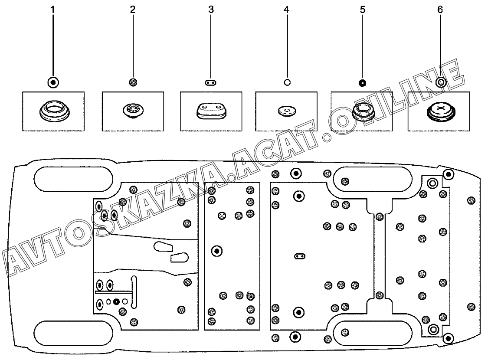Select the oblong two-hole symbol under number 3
point(211,82)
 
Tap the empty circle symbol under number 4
point(286,82)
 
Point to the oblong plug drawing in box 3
point(211,111)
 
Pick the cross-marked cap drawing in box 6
point(440,111)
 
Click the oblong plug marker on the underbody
point(300,256)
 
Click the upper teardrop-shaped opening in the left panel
point(163,247)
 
